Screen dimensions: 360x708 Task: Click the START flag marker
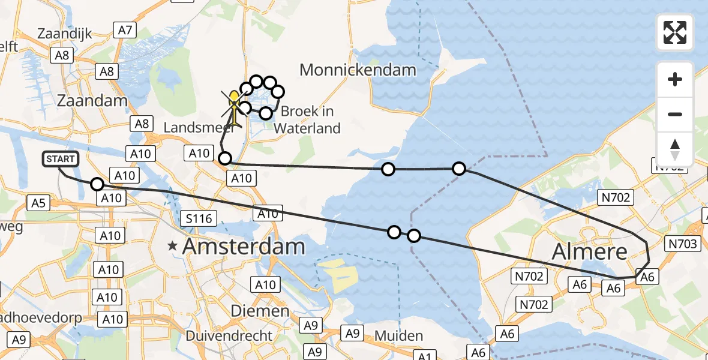pos(61,159)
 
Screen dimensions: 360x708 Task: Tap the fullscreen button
pos(675,32)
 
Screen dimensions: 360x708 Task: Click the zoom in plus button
pos(675,79)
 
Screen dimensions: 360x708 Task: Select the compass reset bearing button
pos(675,149)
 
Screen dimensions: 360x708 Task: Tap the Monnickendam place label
pos(358,70)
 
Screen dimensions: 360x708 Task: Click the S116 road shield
pos(199,218)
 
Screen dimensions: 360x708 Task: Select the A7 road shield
pos(125,29)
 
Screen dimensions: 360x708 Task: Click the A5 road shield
pos(38,203)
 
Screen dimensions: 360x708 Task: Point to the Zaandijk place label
pos(64,34)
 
